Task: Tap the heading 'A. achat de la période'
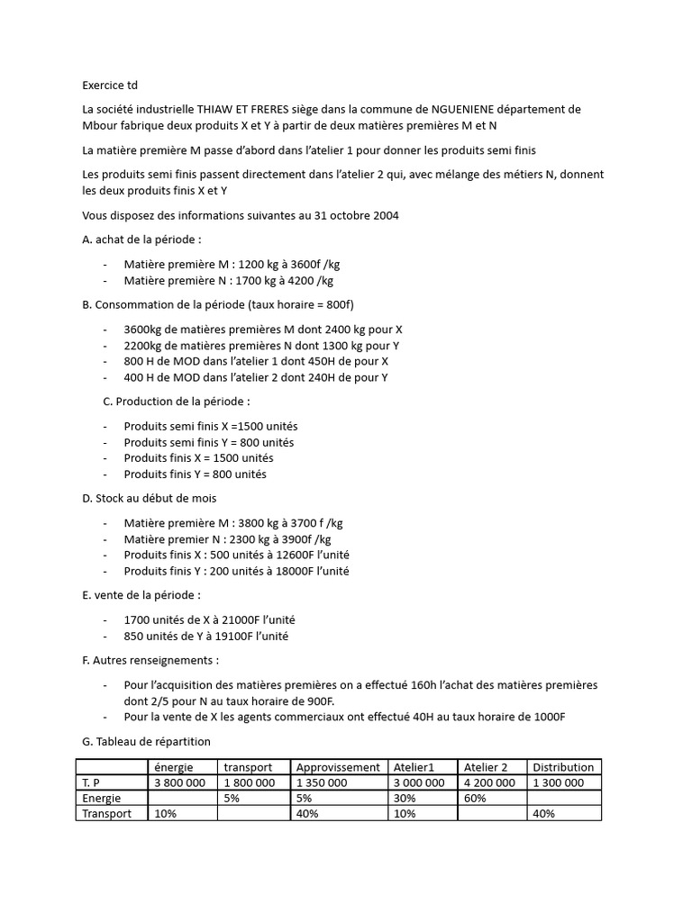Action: pyautogui.click(x=141, y=240)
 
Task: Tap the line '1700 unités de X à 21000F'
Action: pyautogui.click(x=209, y=620)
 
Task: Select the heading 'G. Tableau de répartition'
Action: pyautogui.click(x=146, y=741)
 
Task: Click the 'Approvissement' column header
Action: pyautogui.click(x=338, y=767)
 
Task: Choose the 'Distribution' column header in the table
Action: pyautogui.click(x=563, y=767)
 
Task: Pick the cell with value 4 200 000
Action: pyautogui.click(x=489, y=782)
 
